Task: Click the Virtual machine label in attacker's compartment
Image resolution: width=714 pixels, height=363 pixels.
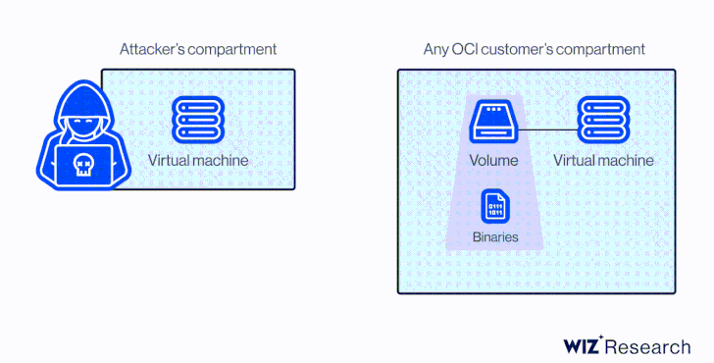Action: click(198, 160)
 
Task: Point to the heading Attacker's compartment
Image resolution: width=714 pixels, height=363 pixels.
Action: click(198, 48)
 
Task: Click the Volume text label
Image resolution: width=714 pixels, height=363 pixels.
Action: click(492, 161)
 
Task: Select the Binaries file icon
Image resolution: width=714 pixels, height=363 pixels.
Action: click(494, 207)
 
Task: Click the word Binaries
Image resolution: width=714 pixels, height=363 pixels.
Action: click(494, 237)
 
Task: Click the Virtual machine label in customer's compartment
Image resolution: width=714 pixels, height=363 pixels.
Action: click(603, 161)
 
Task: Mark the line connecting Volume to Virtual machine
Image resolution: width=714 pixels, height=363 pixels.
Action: click(547, 129)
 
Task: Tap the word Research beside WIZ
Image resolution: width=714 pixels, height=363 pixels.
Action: click(648, 346)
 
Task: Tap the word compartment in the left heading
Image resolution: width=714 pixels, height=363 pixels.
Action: click(232, 48)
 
